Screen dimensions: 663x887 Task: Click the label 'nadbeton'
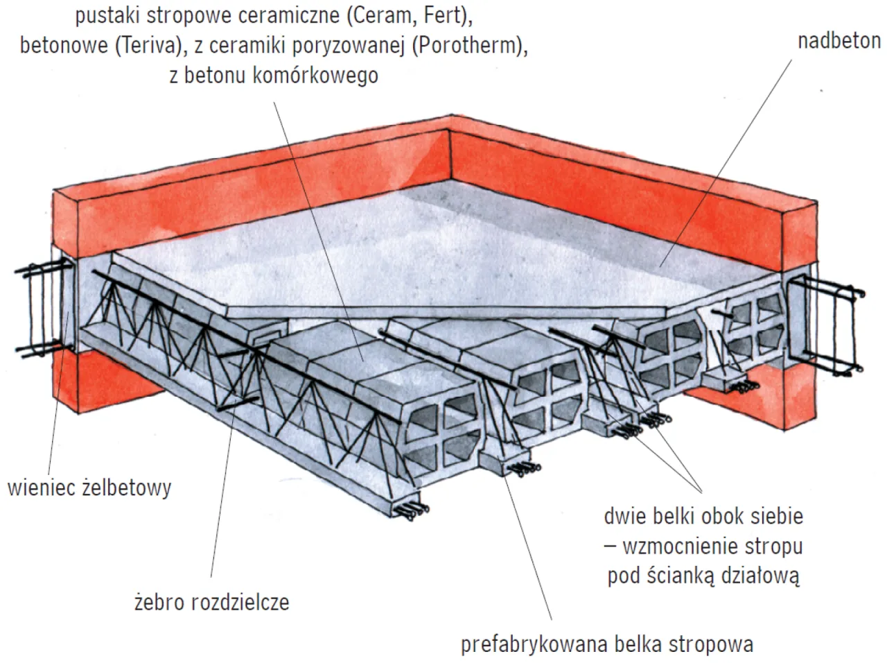pos(838,41)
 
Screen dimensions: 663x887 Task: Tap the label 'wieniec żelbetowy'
pos(89,488)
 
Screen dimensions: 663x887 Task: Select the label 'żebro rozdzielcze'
pos(211,601)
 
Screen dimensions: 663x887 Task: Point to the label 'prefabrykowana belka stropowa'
pos(606,644)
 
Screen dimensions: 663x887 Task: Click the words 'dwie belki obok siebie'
pos(703,517)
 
